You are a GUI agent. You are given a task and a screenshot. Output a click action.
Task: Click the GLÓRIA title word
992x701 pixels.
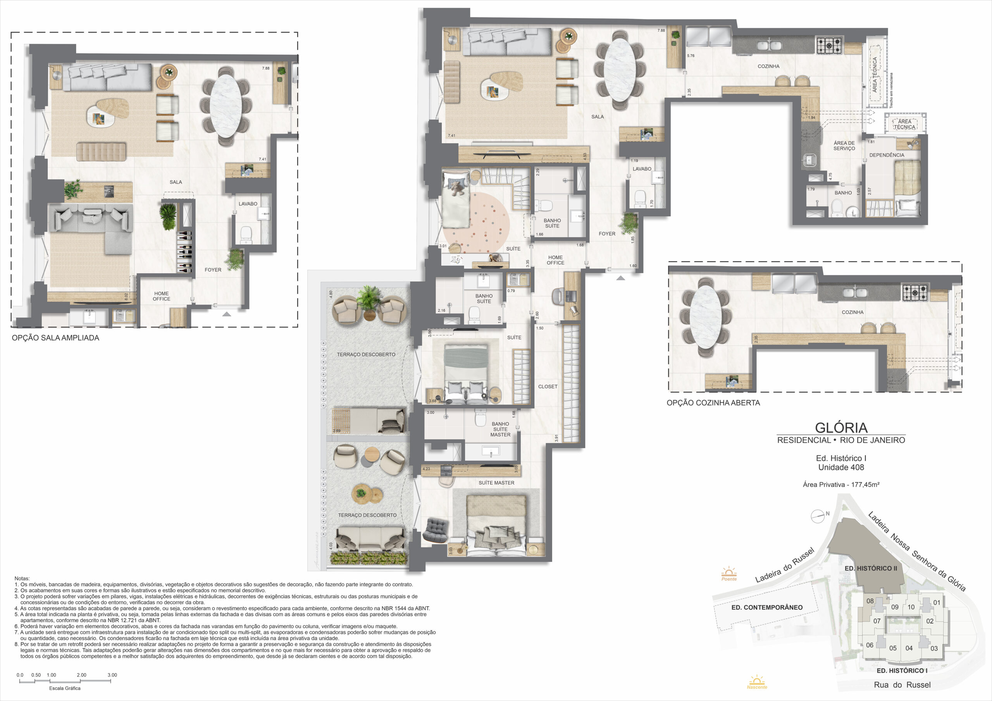(x=841, y=427)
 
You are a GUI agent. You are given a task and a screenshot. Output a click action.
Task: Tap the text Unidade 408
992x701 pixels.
(x=841, y=467)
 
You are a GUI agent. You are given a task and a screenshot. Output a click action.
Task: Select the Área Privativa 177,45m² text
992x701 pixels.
(x=841, y=485)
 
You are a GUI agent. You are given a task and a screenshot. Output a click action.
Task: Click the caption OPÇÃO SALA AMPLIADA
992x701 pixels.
(x=55, y=338)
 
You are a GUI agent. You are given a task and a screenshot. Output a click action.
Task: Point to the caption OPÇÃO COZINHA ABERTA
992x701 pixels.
(x=713, y=402)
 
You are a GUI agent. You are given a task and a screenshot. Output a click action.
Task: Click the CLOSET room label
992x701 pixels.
(x=548, y=387)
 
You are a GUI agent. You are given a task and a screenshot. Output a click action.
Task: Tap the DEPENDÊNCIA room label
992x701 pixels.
(x=887, y=155)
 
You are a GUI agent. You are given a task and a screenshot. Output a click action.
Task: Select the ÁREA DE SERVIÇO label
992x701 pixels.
(x=844, y=146)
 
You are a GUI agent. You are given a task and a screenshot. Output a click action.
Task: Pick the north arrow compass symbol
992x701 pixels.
(x=818, y=516)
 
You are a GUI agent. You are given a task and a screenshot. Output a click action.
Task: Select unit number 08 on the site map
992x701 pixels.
(x=870, y=601)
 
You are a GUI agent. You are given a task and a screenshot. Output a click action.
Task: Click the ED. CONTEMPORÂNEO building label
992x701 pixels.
(x=767, y=607)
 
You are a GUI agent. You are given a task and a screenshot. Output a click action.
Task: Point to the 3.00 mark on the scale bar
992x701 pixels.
(x=112, y=675)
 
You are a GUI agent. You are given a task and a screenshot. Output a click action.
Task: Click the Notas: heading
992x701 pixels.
(x=22, y=578)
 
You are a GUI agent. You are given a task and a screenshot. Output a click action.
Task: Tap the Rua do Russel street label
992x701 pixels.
(x=902, y=685)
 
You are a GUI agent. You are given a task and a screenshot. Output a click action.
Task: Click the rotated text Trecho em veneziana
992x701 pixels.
(x=891, y=90)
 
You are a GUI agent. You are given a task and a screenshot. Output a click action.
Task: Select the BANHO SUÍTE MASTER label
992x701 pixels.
(x=500, y=430)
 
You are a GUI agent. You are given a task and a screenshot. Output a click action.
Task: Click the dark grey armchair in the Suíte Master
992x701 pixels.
(x=436, y=529)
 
